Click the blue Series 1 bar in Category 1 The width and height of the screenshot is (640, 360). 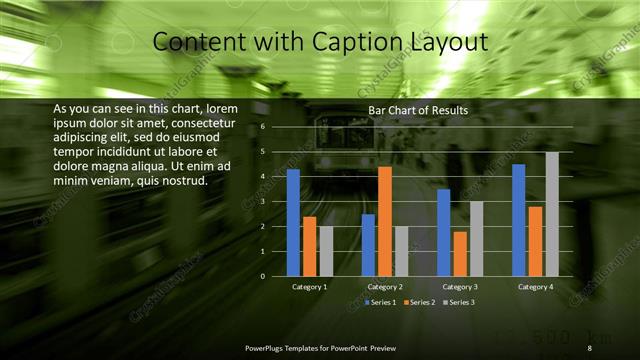[293, 222]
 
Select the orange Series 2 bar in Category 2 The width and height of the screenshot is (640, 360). [385, 221]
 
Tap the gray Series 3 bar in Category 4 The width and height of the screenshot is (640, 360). [552, 214]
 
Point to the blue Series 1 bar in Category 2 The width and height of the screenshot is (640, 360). [368, 244]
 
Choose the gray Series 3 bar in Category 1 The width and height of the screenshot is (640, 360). [327, 251]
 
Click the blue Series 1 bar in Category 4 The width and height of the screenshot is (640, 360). [518, 220]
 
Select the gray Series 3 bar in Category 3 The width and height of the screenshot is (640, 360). [477, 238]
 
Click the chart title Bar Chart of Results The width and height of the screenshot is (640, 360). [418, 110]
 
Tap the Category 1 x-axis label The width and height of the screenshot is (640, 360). [310, 287]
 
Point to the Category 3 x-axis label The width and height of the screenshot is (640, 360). [460, 287]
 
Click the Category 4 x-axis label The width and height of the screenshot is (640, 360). [535, 287]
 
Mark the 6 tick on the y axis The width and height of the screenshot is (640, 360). [261, 127]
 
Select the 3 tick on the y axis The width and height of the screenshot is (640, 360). [261, 201]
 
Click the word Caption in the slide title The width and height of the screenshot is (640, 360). [337, 42]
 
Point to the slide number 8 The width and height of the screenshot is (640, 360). [589, 347]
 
